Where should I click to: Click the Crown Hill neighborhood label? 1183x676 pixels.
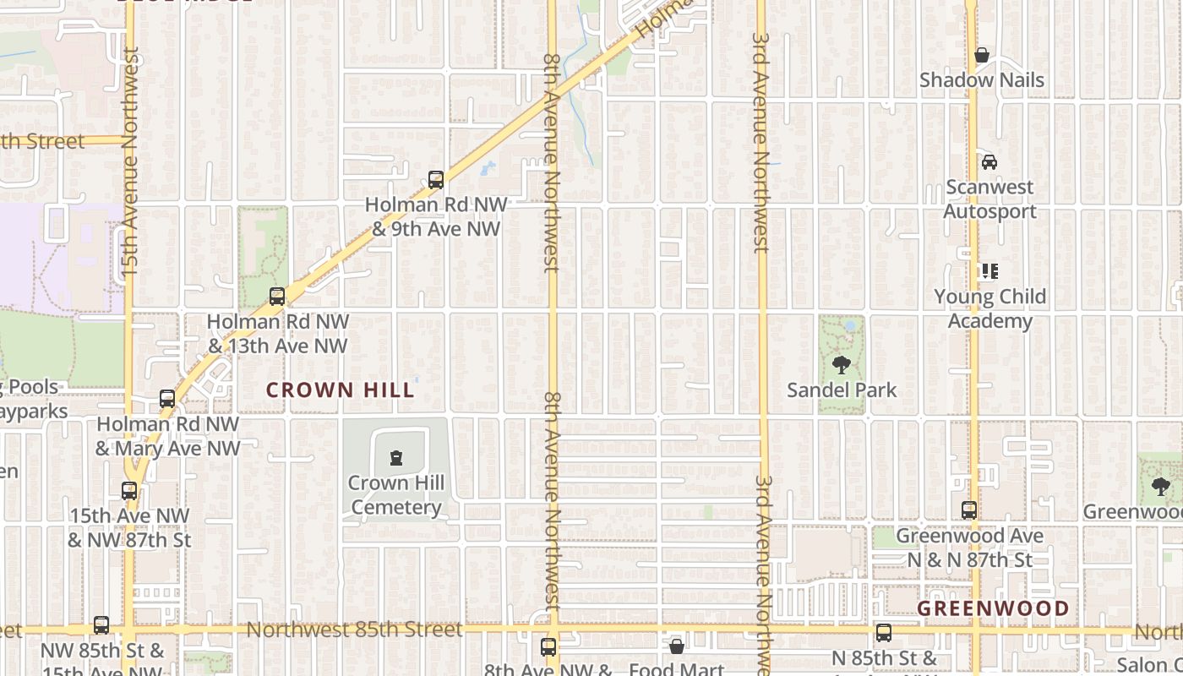pos(341,390)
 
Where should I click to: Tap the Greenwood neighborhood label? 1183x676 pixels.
pos(993,608)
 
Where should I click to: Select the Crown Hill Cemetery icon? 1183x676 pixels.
pos(395,459)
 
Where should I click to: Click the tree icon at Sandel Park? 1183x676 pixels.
pos(841,365)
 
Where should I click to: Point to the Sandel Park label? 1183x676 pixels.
pos(842,390)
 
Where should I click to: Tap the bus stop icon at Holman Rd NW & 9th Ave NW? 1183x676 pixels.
pos(436,180)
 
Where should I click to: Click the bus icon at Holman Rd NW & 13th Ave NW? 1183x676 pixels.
pos(277,297)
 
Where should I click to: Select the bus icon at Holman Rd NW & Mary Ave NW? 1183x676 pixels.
pos(167,399)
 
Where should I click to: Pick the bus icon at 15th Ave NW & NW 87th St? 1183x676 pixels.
pos(129,491)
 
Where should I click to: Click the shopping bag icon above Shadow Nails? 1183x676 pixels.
pos(982,56)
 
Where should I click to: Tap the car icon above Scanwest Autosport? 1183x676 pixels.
pos(989,162)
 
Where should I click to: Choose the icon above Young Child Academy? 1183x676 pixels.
pos(989,271)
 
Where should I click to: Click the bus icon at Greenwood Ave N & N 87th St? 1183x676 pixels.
pos(969,510)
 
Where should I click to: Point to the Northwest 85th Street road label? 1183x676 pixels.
pos(355,630)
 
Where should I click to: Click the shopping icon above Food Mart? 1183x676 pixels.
pos(677,647)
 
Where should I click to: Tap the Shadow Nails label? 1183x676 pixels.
pos(982,80)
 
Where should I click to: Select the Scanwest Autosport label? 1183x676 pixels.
pos(989,199)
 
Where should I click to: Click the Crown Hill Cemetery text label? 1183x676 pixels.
pos(395,495)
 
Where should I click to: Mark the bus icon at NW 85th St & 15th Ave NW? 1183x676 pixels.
pos(101,626)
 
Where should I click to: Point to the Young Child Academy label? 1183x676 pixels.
pos(989,308)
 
